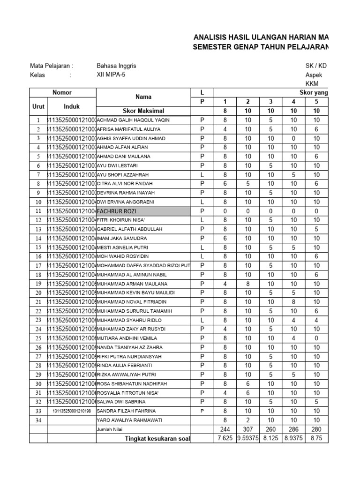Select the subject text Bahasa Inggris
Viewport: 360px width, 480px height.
(116, 66)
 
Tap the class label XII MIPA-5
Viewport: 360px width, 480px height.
(111, 75)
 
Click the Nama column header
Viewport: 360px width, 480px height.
(143, 97)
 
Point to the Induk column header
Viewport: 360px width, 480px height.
(72, 106)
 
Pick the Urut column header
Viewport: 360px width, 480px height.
(38, 106)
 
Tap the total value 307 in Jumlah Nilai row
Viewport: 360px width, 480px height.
(248, 429)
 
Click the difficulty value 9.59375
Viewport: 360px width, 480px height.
(248, 438)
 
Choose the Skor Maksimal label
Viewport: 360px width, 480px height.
(143, 111)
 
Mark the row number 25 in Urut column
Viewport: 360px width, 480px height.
(38, 338)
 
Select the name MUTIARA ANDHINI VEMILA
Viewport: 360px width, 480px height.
(127, 338)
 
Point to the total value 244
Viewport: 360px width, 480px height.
(225, 429)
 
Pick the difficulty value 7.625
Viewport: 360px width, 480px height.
(225, 438)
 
